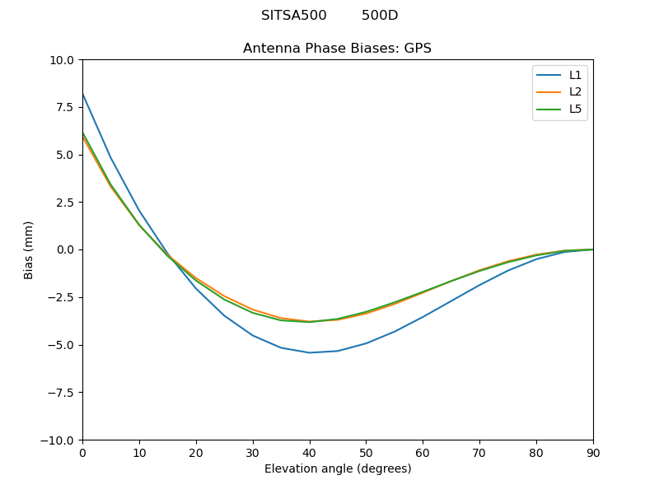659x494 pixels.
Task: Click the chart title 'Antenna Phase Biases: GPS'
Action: tap(337, 49)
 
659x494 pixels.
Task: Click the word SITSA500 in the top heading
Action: tap(293, 16)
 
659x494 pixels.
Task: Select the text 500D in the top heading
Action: tap(380, 16)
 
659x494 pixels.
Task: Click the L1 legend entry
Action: tap(575, 75)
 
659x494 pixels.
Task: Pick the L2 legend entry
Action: tap(575, 91)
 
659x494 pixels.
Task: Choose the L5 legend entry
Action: tap(575, 109)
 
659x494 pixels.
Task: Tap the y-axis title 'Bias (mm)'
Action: tap(29, 249)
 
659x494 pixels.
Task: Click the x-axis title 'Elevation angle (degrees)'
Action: tap(337, 469)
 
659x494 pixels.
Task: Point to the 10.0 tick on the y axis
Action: tap(63, 60)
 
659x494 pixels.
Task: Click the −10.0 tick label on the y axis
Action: tap(58, 440)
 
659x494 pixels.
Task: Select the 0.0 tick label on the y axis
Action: tap(65, 249)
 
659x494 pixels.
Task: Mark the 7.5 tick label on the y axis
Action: tap(65, 107)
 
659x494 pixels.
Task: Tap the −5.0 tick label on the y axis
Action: tap(61, 345)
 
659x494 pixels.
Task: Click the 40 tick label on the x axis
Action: tap(309, 453)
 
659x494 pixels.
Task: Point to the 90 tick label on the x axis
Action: tap(592, 453)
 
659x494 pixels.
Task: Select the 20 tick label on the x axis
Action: tap(196, 453)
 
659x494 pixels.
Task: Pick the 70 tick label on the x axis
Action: tap(479, 453)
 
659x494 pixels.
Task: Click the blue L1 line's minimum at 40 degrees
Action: tap(310, 352)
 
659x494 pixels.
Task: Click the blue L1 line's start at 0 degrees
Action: tap(83, 95)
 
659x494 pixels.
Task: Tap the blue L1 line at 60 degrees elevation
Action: tap(423, 316)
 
